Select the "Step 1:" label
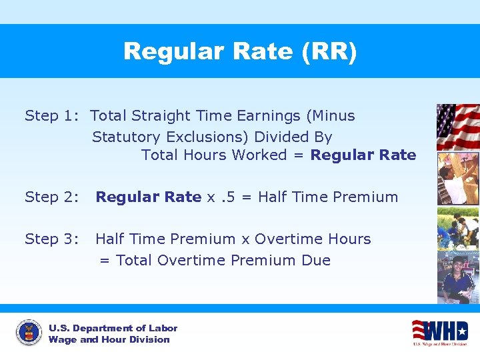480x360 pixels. coord(52,116)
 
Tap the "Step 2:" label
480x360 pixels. coord(52,197)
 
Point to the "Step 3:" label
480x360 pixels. coord(52,239)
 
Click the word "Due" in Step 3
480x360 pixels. coord(316,261)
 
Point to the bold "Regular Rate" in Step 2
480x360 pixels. coord(148,197)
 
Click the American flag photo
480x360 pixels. coord(457,127)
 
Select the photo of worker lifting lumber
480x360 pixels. coord(457,178)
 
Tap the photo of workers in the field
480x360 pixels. coord(457,229)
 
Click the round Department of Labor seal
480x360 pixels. coord(29,333)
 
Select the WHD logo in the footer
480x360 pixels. coord(439,332)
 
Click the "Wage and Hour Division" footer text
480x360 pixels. coord(109,340)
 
